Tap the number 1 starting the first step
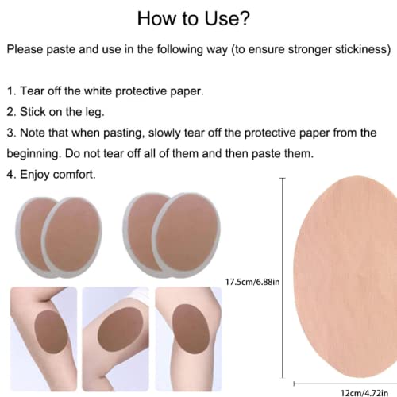coord(10,91)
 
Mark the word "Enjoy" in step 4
coord(38,173)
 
